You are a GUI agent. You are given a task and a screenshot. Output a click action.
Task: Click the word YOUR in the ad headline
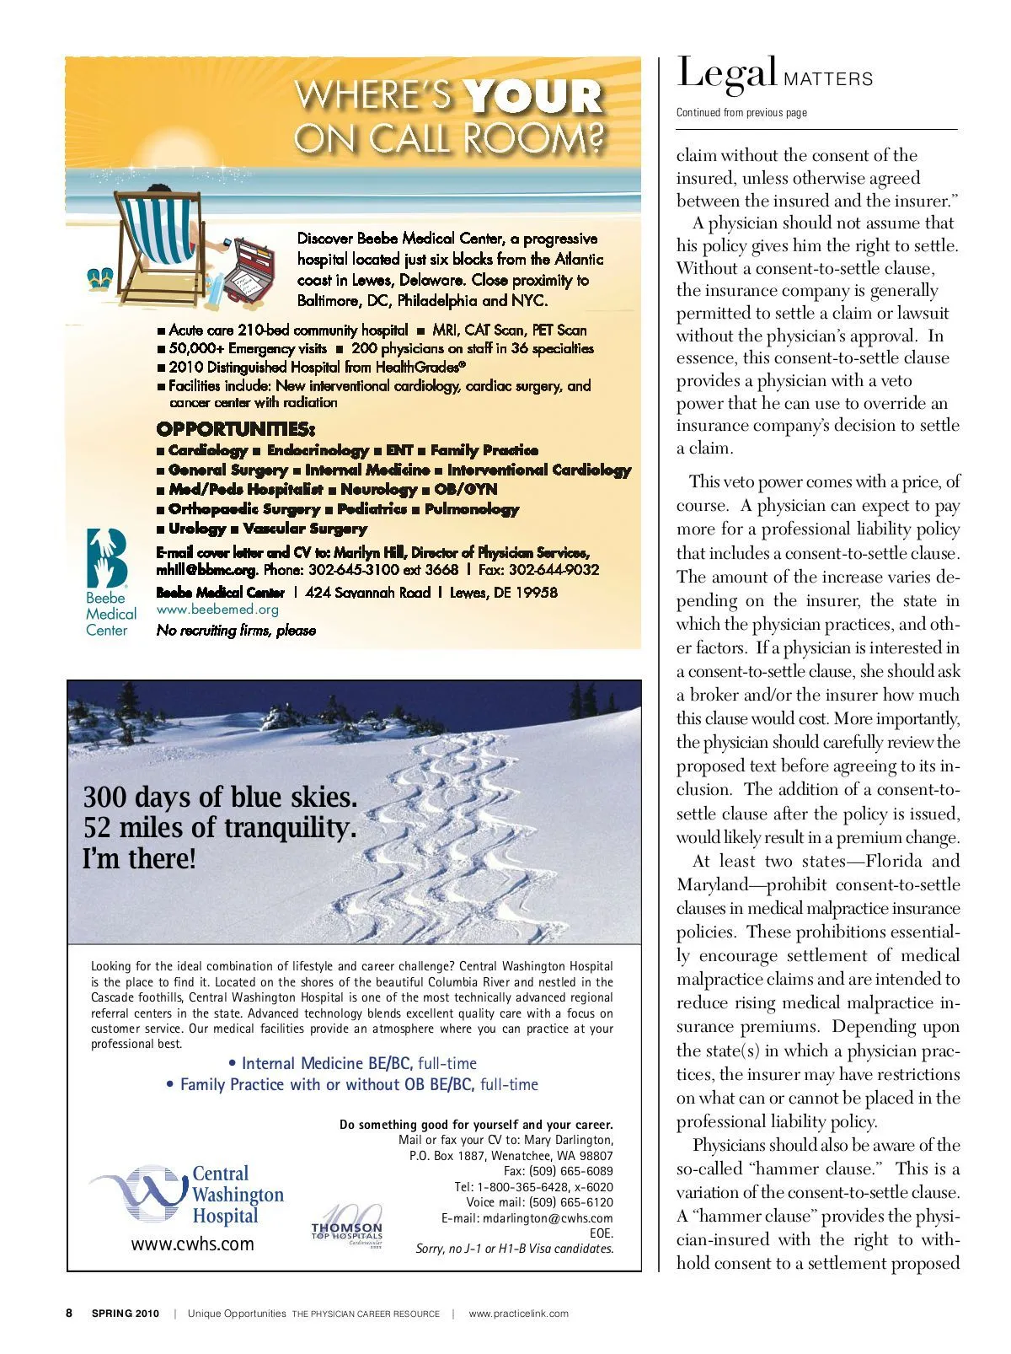[x=532, y=98]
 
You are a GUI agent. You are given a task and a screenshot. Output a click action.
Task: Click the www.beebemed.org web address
[x=217, y=609]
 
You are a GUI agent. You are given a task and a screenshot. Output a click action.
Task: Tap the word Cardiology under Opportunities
[x=207, y=450]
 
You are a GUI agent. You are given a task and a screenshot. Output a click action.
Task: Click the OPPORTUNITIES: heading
[x=236, y=428]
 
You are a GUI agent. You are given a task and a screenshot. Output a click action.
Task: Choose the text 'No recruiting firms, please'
[x=236, y=630]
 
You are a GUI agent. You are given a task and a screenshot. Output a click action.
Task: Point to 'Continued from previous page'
[x=741, y=112]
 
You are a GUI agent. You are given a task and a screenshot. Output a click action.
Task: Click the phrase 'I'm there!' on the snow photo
[x=139, y=858]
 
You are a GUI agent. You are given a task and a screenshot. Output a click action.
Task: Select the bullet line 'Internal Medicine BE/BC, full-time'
[x=352, y=1063]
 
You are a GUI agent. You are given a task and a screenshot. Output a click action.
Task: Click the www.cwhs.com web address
[x=192, y=1244]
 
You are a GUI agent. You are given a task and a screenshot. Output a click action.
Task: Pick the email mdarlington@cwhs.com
[x=548, y=1217]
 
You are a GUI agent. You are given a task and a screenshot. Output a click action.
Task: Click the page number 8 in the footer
[x=70, y=1313]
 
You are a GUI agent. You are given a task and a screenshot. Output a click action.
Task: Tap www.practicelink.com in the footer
[x=518, y=1313]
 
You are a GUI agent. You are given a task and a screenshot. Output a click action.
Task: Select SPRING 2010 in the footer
[x=125, y=1313]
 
